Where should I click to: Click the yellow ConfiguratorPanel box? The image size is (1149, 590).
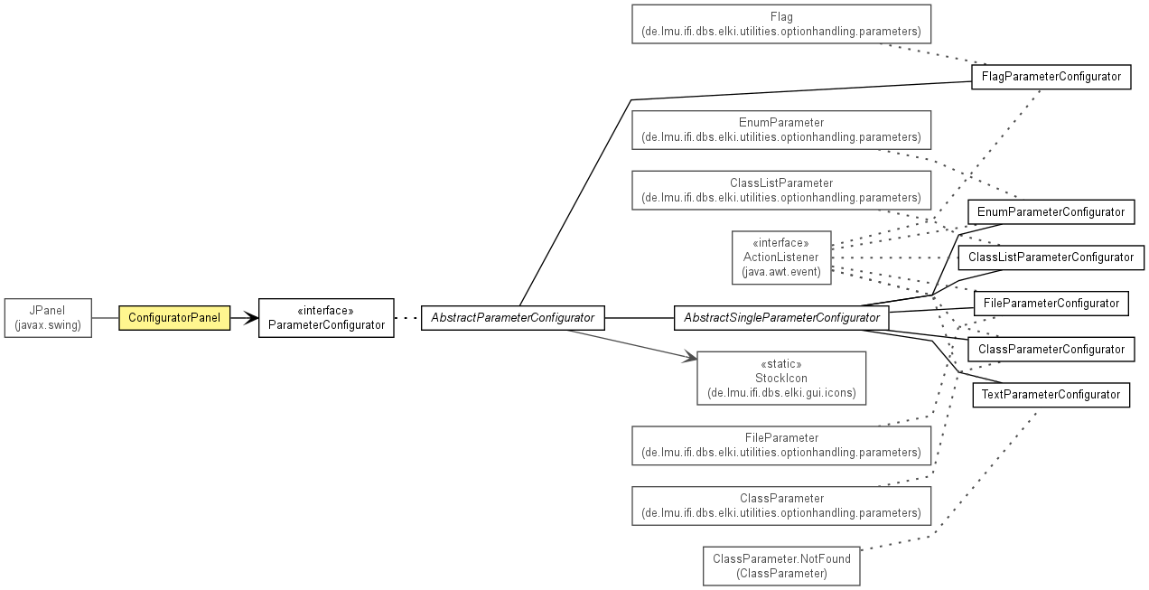[x=174, y=318]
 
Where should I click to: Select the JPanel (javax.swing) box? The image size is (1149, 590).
[x=48, y=318]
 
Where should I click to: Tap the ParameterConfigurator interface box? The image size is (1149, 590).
[x=326, y=318]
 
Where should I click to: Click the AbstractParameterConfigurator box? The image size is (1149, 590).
[x=513, y=318]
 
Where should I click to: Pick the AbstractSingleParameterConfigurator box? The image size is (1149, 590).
[x=781, y=318]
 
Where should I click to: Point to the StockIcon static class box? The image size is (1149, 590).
[x=781, y=378]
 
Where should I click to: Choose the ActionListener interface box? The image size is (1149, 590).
[x=781, y=258]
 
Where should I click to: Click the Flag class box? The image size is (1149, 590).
[x=781, y=24]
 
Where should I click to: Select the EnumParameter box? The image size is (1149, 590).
[x=781, y=130]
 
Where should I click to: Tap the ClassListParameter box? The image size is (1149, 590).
[x=781, y=191]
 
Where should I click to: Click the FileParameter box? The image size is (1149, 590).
[x=781, y=445]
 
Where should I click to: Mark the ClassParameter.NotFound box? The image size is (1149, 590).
[x=781, y=566]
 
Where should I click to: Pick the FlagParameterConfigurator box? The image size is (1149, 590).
[x=1051, y=77]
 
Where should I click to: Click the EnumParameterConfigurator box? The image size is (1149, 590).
[x=1051, y=212]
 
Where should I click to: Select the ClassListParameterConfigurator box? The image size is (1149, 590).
[x=1051, y=258]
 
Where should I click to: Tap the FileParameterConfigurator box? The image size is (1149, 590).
[x=1051, y=304]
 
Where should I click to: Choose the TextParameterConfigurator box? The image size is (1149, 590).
[x=1051, y=395]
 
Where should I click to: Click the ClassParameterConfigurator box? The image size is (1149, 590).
[x=1051, y=350]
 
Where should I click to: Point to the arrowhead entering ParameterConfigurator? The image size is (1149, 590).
[x=252, y=318]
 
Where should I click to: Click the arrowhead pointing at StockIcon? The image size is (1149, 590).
[x=690, y=357]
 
